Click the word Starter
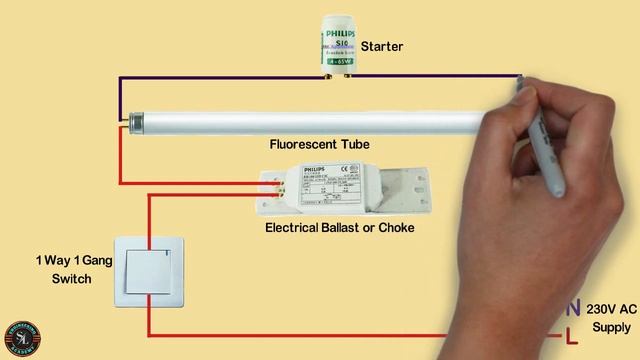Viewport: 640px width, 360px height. [x=381, y=47]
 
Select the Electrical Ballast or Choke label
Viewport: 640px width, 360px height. [x=339, y=227]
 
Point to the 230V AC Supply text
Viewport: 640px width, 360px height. [x=611, y=318]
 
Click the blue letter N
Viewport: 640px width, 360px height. [x=573, y=309]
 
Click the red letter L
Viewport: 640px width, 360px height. [x=572, y=335]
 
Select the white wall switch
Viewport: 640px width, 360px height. [x=151, y=271]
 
